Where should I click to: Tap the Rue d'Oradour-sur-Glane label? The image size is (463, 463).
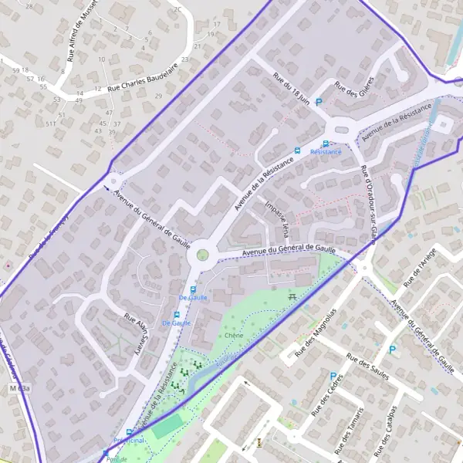[x=367, y=204]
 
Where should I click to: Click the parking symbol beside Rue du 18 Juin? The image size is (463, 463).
[x=318, y=102]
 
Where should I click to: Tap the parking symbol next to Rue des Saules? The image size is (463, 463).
[x=392, y=350]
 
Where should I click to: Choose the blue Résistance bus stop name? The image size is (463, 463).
[x=325, y=153]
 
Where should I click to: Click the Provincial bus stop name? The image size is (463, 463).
[x=129, y=440]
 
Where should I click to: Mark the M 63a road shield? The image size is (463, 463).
[x=19, y=387]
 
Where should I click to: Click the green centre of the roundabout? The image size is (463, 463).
[x=202, y=254]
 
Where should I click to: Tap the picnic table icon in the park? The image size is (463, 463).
[x=292, y=296]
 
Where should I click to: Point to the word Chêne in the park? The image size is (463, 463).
[x=234, y=336]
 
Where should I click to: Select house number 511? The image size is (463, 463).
[x=51, y=123]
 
